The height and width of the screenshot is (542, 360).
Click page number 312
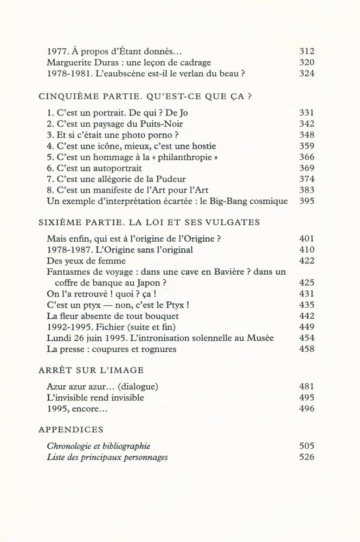307,51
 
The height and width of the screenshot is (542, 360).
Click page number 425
307,282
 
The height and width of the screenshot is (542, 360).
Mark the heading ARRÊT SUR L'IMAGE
91,370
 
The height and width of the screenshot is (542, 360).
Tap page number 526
307,457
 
